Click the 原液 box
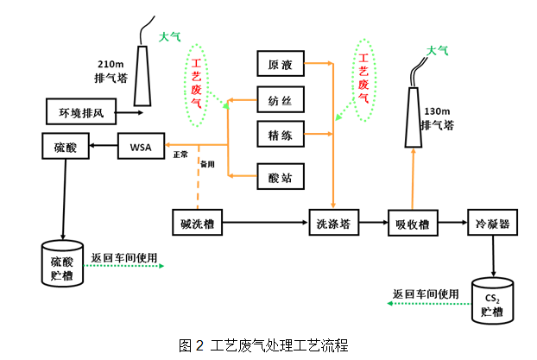click(281, 65)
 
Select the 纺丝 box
click(281, 100)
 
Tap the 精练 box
click(281, 135)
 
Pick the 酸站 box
click(281, 177)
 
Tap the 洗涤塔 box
click(332, 224)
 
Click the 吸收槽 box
click(412, 224)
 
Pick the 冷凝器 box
click(492, 224)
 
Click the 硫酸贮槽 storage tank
click(63, 263)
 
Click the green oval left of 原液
click(198, 84)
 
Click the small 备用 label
click(207, 163)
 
